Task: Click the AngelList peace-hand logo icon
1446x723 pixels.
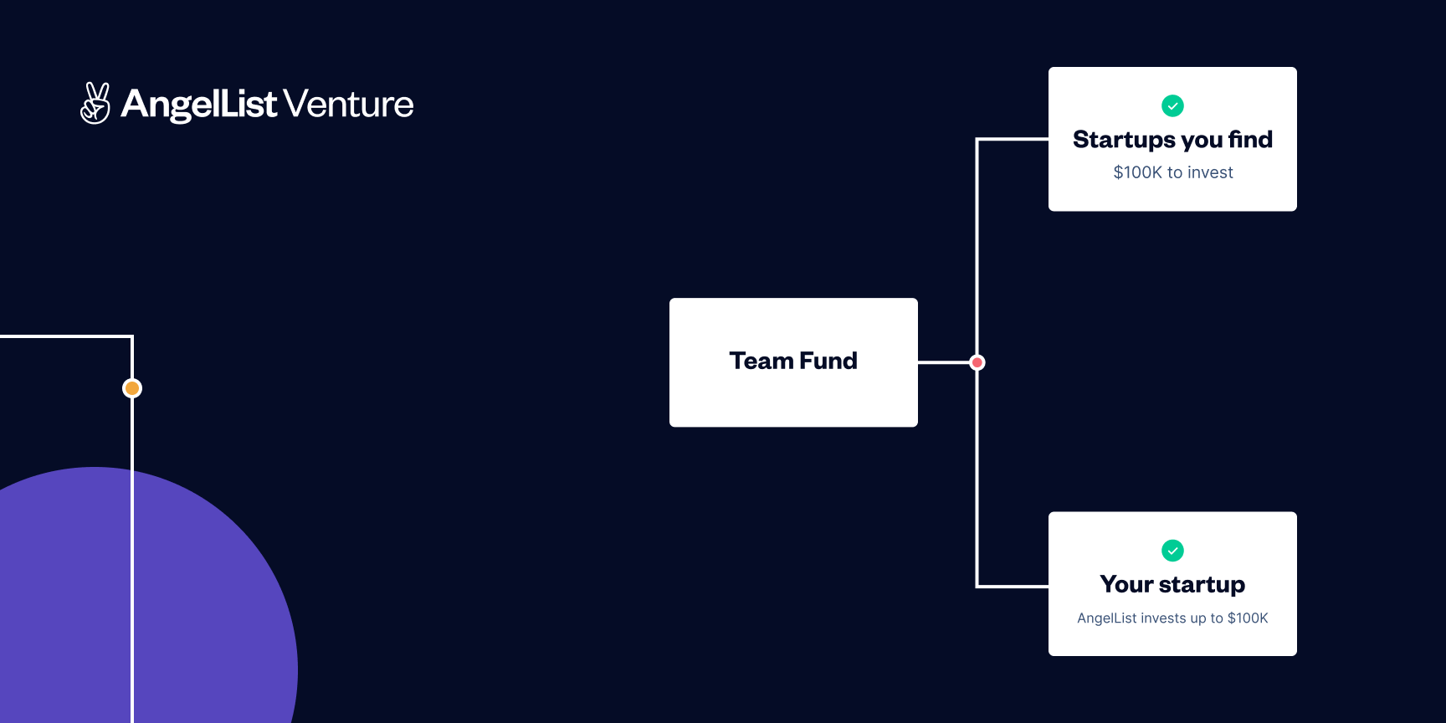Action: point(95,103)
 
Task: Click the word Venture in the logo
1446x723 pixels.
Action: point(348,105)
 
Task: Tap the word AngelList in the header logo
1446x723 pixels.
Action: point(199,105)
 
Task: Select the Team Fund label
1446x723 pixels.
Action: point(793,361)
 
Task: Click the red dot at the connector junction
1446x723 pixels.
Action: point(977,362)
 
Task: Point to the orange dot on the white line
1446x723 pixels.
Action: point(132,388)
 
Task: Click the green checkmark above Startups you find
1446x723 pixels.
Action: point(1172,105)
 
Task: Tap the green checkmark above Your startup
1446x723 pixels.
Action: point(1172,551)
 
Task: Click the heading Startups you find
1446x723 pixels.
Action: point(1172,140)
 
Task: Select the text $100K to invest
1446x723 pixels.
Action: point(1172,172)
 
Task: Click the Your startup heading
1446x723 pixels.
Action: point(1172,584)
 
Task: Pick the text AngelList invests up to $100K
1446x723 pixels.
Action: point(1172,618)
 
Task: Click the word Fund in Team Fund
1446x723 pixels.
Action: point(828,361)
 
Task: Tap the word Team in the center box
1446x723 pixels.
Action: point(761,361)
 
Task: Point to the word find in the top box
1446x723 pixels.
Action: point(1250,140)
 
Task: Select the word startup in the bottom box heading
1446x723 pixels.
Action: point(1202,585)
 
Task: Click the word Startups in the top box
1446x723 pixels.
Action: point(1124,140)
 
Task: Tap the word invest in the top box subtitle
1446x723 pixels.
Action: point(1210,172)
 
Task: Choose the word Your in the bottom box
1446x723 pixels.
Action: point(1126,584)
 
